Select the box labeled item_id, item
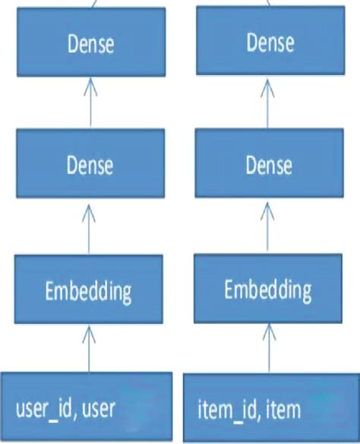click(269, 408)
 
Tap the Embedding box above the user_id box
click(90, 290)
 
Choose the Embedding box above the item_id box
click(269, 289)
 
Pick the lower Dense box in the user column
click(90, 165)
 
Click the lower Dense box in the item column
click(269, 165)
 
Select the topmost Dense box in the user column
click(90, 43)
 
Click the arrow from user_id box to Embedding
click(90, 348)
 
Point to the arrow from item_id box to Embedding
click(269, 348)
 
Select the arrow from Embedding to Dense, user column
click(90, 227)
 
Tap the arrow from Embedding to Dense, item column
click(269, 227)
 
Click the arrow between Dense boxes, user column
click(90, 103)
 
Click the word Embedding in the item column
click(269, 289)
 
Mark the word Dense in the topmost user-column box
click(90, 43)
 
